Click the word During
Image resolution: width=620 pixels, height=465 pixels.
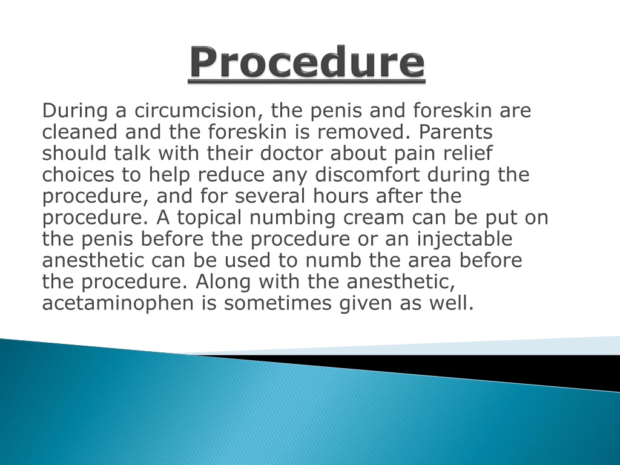point(73,111)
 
